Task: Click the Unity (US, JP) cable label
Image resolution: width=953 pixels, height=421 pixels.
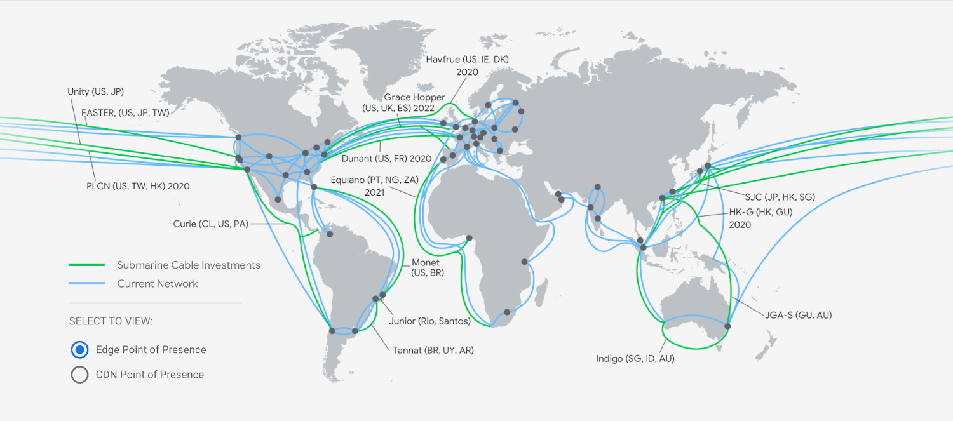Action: coord(95,92)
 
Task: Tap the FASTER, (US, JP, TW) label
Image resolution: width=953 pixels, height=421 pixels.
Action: coord(125,112)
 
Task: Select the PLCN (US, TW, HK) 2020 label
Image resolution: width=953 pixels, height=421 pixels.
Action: coord(138,186)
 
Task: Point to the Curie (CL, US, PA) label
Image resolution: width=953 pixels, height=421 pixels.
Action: coord(210,224)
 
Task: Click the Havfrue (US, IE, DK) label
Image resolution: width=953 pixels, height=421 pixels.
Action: coord(467,59)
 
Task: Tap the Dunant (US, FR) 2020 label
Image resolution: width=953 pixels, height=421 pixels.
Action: coord(386,158)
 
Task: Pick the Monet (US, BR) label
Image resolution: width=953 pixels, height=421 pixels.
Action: coord(428,267)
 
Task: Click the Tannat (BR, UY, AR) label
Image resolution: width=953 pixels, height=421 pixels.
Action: coord(433,350)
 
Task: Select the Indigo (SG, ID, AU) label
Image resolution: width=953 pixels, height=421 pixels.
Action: coord(635,359)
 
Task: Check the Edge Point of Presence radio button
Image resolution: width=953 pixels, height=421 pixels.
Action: coord(80,349)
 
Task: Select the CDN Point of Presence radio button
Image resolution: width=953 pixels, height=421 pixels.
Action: coord(80,375)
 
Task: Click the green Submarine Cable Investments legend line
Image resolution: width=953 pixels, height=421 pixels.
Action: coord(86,265)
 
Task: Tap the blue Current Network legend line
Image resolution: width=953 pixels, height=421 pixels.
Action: coord(86,284)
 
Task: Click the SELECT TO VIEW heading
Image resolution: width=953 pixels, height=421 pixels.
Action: coord(111,321)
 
